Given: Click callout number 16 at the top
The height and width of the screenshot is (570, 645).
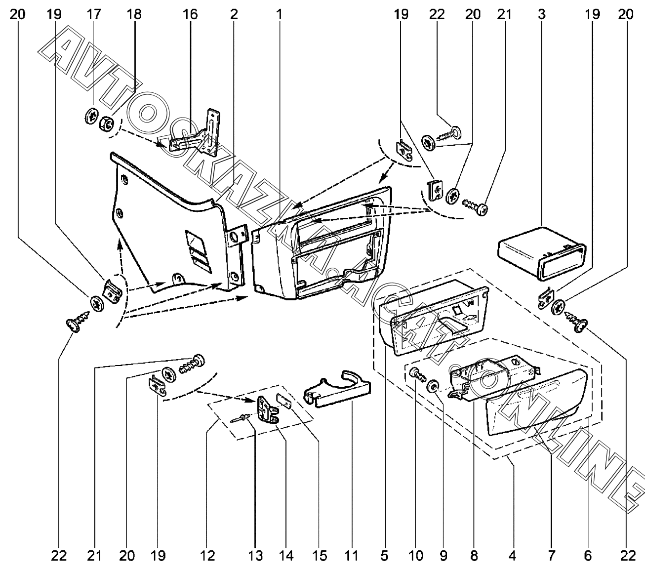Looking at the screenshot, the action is pyautogui.click(x=190, y=14).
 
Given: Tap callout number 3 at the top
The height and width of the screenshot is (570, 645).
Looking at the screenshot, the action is pyautogui.click(x=541, y=14).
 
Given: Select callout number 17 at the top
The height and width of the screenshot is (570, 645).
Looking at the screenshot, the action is pyautogui.click(x=94, y=14).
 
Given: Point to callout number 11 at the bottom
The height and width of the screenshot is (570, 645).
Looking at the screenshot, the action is pyautogui.click(x=352, y=556).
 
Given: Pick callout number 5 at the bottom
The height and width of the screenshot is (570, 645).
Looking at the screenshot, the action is pyautogui.click(x=384, y=556).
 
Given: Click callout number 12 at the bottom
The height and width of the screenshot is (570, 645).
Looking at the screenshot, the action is pyautogui.click(x=207, y=556).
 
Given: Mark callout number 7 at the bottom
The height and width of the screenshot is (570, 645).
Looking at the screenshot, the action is pyautogui.click(x=551, y=556).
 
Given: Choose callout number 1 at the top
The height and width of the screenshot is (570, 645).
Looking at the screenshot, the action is pyautogui.click(x=279, y=14).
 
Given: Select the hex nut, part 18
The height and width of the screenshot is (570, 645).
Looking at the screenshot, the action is pyautogui.click(x=107, y=123).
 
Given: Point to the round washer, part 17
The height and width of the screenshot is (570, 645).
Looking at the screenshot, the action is pyautogui.click(x=92, y=116).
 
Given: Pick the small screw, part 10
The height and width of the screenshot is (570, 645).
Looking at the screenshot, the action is pyautogui.click(x=418, y=375).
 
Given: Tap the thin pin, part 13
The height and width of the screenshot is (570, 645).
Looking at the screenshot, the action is pyautogui.click(x=240, y=419).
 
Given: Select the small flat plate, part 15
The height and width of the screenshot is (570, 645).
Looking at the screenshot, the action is pyautogui.click(x=284, y=400).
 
